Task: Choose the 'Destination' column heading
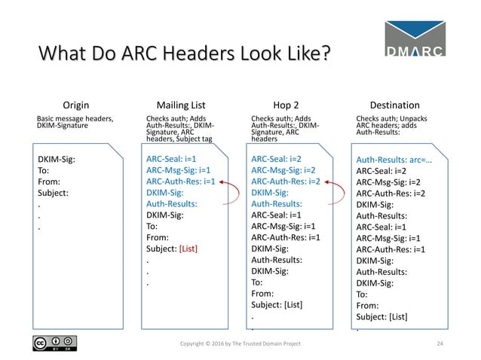point(395,105)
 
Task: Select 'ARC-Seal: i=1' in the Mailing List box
point(172,160)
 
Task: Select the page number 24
point(442,344)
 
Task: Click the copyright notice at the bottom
point(240,344)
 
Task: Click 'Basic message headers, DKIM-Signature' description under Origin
point(75,122)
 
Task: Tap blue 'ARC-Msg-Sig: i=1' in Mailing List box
point(178,170)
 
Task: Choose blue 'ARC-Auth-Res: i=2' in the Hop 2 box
point(286,182)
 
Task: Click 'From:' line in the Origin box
point(50,182)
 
